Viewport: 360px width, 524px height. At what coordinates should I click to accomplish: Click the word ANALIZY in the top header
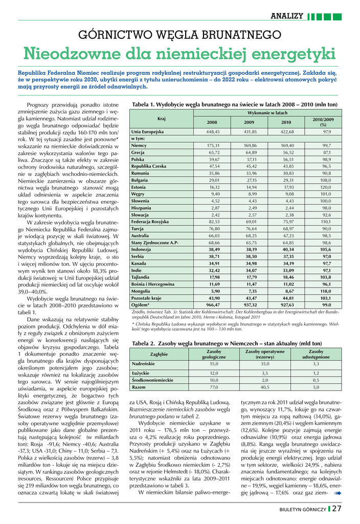[287, 16]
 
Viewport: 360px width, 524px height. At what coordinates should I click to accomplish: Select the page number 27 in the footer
[337, 509]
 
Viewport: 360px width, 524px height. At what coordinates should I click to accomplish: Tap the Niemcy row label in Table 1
[139, 145]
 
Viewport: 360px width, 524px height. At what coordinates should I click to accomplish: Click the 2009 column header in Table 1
[249, 122]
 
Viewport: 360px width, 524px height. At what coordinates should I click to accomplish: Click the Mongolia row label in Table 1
[141, 291]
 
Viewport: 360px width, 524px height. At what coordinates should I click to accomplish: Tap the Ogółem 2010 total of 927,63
[287, 304]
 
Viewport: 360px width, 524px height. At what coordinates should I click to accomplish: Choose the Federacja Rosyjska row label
[150, 222]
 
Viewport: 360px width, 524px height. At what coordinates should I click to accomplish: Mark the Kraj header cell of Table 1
[162, 118]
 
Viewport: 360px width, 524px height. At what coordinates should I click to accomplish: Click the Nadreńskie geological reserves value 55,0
[214, 363]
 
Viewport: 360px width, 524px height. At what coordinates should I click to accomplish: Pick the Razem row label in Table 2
[139, 387]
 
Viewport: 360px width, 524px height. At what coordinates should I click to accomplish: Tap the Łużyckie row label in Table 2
[140, 373]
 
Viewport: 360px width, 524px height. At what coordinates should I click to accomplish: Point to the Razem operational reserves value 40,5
[265, 387]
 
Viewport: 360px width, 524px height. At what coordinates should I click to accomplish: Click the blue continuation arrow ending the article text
[337, 479]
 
